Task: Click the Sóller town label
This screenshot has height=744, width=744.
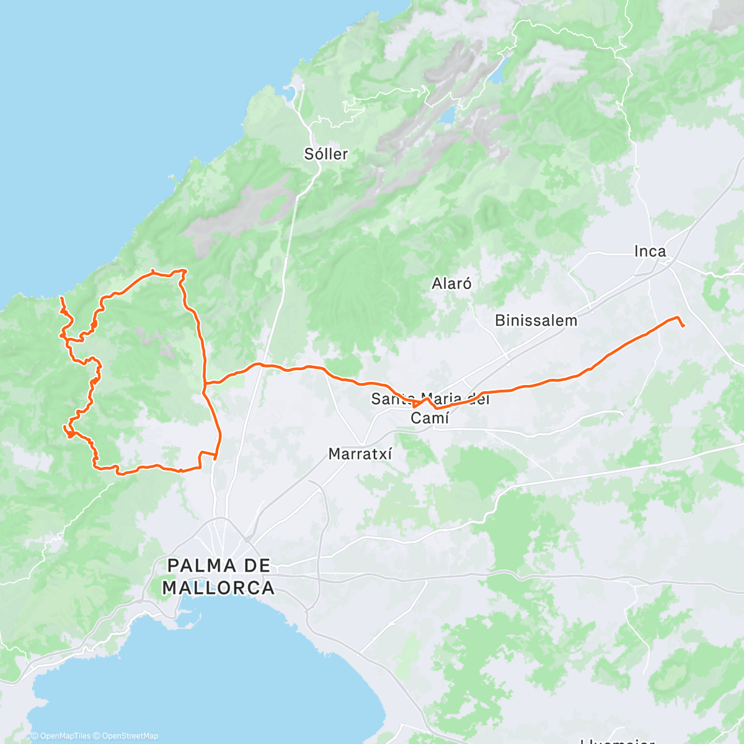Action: pos(326,154)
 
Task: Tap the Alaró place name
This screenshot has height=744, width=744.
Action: pos(451,284)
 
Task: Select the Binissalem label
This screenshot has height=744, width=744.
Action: pos(536,321)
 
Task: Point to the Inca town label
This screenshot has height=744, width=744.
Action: pos(650,251)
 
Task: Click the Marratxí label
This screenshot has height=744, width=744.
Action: pos(360,454)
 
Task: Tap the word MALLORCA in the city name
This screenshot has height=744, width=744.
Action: pos(218,588)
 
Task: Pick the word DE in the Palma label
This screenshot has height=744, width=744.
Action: pos(257,565)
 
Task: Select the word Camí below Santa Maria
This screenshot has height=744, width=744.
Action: pos(430,418)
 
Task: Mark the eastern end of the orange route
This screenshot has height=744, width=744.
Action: pos(683,325)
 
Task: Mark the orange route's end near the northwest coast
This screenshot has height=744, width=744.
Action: pos(61,299)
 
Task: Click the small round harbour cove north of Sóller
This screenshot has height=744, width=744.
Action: pos(290,94)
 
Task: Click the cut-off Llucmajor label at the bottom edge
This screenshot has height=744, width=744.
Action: pos(617,740)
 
